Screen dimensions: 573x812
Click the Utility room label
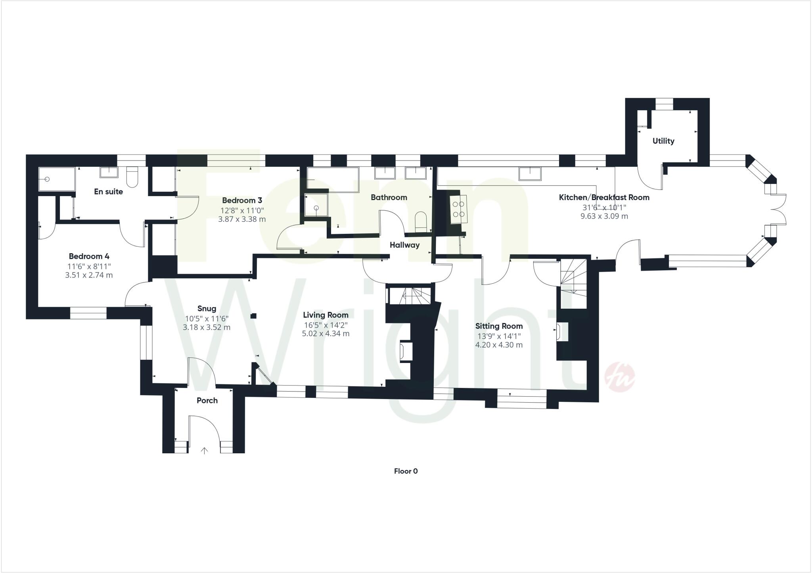coord(663,141)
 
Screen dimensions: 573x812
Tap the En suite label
coord(108,192)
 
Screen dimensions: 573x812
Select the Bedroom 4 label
coord(89,256)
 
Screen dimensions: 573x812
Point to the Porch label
coord(207,401)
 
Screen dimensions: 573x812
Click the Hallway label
coord(404,245)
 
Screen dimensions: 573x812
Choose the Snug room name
coord(207,309)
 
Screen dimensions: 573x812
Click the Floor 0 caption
coord(406,471)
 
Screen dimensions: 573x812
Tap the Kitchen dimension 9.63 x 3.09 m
coord(604,216)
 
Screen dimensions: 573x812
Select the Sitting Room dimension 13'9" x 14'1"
coord(499,336)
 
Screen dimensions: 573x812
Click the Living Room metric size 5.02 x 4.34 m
coord(326,334)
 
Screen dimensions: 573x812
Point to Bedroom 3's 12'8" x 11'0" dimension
coord(242,210)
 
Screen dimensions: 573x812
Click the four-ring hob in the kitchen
coord(459,209)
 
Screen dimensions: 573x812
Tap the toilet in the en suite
coord(132,177)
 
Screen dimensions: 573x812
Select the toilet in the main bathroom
coord(420,222)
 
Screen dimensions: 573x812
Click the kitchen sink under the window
coord(530,173)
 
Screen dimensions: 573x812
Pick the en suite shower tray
coord(57,179)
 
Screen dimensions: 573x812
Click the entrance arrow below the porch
coord(205,450)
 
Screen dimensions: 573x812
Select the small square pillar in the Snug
coord(254,316)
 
